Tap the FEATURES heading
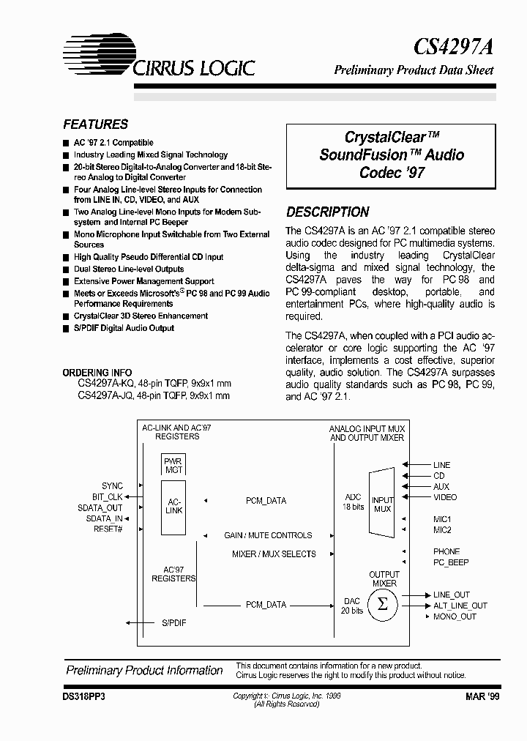point(95,124)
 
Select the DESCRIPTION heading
point(327,212)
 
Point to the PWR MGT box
point(174,465)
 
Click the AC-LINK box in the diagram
point(174,505)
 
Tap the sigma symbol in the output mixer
point(381,605)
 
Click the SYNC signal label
point(113,486)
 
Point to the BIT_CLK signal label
point(106,497)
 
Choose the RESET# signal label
point(108,529)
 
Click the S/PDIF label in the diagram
point(174,623)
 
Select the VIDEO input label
point(445,497)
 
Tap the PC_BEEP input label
point(451,562)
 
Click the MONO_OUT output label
point(455,617)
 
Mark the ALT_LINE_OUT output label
point(460,606)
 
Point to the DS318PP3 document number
point(85,699)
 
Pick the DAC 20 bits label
point(353,606)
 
